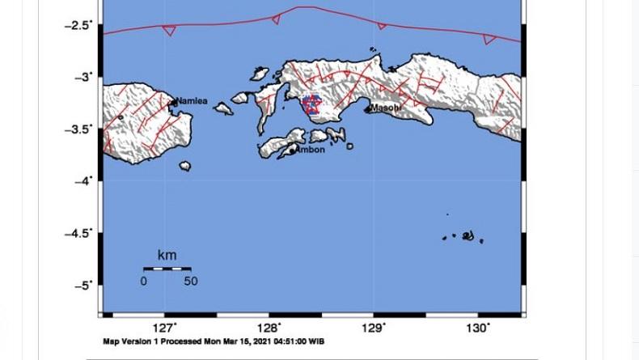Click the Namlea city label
click(192, 101)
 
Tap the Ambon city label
click(311, 150)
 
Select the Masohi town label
click(385, 108)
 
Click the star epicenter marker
click(311, 104)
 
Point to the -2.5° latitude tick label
click(78, 25)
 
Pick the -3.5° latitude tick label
click(78, 129)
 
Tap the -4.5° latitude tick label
click(78, 233)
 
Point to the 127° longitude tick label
click(164, 328)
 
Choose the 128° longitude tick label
click(269, 328)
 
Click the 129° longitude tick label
click(373, 328)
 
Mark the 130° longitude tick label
click(477, 328)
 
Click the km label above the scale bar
click(167, 256)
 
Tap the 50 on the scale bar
click(190, 282)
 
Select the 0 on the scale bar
click(143, 282)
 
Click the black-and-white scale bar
click(167, 269)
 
